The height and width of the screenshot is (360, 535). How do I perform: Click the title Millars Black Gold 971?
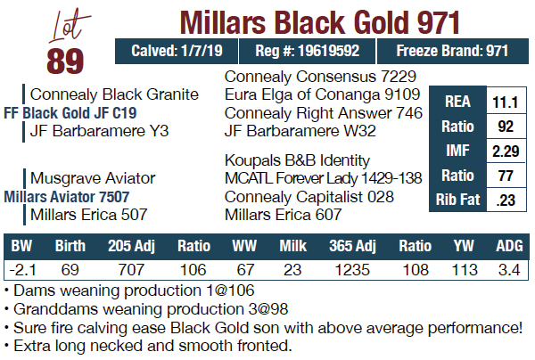(320, 20)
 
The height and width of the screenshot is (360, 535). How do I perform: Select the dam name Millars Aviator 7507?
(67, 196)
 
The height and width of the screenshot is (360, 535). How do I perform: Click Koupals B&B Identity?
(297, 160)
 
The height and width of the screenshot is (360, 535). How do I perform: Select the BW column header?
(22, 244)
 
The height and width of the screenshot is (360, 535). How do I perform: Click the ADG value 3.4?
(508, 268)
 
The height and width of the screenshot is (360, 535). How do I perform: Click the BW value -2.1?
(22, 268)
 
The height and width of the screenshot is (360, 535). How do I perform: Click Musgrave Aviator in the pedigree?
(93, 177)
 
